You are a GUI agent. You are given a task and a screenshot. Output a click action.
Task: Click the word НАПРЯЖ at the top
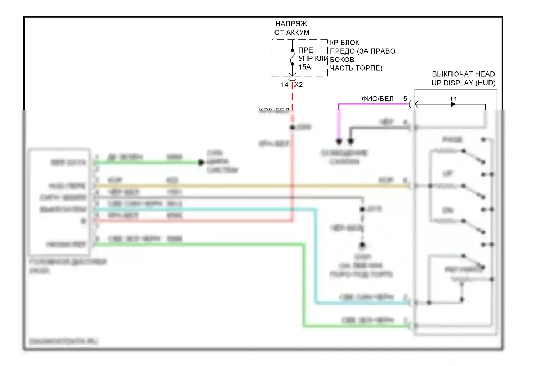click(x=291, y=24)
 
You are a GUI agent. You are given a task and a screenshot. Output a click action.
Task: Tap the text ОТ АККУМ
click(x=292, y=33)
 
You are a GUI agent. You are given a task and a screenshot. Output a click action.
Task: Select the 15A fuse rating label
click(x=304, y=67)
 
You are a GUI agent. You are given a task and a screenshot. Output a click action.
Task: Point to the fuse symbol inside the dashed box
click(x=292, y=57)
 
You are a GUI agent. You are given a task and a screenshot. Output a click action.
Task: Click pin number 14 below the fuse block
click(x=284, y=85)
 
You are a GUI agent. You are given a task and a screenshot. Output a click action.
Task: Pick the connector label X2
click(x=299, y=85)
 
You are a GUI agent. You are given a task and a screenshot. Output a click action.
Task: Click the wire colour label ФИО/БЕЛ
click(x=377, y=99)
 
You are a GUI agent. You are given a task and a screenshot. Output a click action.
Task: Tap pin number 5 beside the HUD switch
click(x=405, y=98)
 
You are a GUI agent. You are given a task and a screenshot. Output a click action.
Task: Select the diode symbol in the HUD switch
click(x=453, y=104)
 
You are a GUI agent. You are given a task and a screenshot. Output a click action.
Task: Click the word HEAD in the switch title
click(x=485, y=74)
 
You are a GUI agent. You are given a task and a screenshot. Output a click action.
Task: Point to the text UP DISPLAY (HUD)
click(x=463, y=83)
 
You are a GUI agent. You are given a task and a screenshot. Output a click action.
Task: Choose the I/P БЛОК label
click(x=344, y=43)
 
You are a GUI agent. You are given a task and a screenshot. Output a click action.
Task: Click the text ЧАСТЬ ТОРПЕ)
click(x=356, y=68)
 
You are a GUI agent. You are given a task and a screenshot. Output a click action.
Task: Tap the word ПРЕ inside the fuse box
click(x=306, y=50)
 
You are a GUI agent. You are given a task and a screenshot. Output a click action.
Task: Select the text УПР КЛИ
click(x=313, y=59)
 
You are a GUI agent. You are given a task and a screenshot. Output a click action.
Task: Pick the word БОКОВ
click(x=342, y=60)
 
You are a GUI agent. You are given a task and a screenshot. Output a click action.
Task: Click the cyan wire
click(x=316, y=257)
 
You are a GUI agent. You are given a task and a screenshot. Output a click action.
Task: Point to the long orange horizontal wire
click(x=250, y=186)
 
